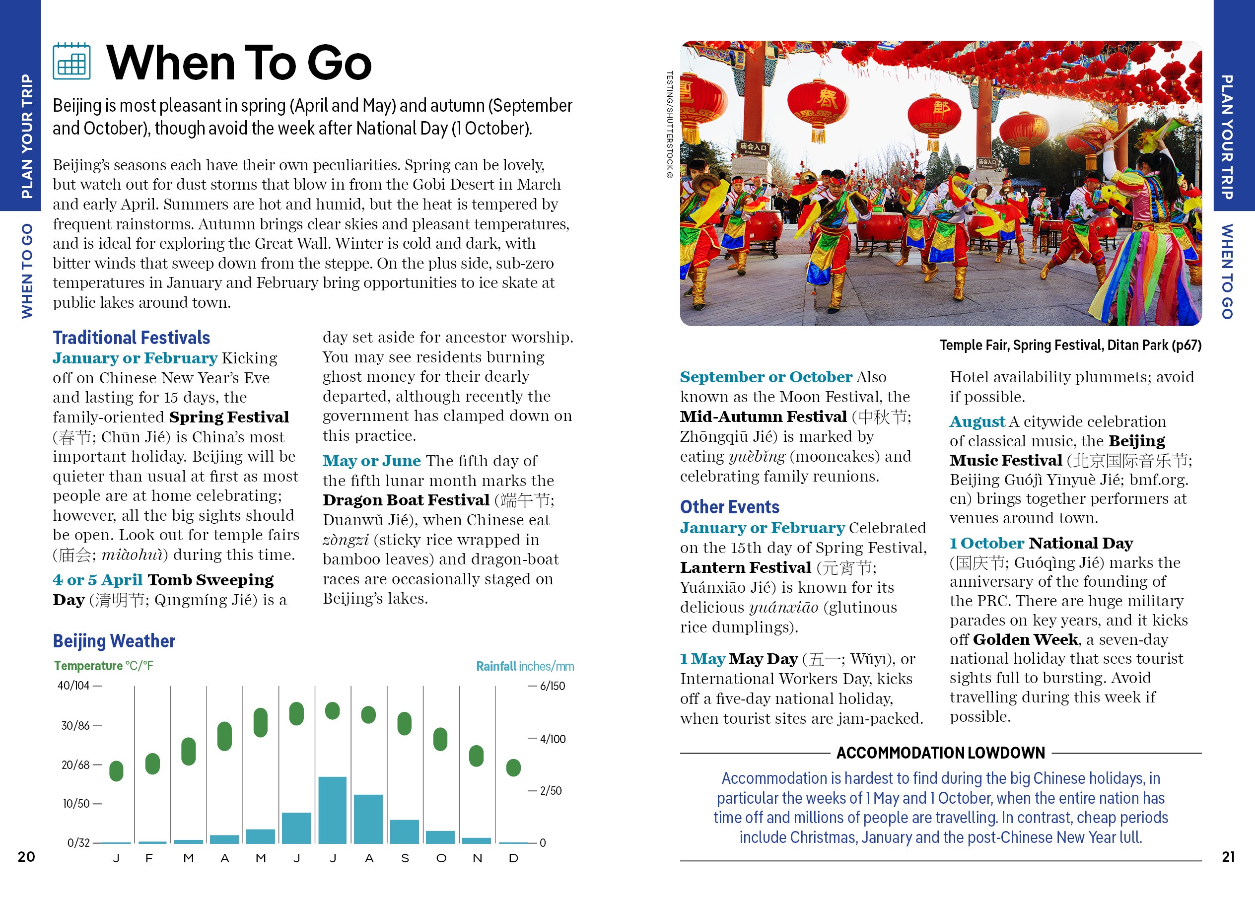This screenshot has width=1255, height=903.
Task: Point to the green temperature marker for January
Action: click(116, 771)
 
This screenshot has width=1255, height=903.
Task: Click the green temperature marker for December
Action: click(513, 767)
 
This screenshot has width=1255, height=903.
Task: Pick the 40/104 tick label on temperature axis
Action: click(73, 686)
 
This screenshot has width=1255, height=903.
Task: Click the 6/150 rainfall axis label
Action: click(552, 686)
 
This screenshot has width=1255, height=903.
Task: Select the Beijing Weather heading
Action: click(114, 641)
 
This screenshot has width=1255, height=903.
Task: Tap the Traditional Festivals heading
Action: click(131, 338)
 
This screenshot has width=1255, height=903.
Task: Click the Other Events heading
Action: click(729, 507)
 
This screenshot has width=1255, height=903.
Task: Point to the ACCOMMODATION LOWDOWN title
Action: click(940, 753)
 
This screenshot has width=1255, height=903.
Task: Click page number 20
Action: click(26, 856)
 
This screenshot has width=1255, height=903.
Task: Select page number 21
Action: click(1228, 856)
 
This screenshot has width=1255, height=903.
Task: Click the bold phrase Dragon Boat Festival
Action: click(406, 500)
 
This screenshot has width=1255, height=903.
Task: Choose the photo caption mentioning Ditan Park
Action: click(1070, 346)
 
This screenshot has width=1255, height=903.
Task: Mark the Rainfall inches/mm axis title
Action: click(525, 666)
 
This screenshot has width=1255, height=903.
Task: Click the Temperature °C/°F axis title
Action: click(103, 666)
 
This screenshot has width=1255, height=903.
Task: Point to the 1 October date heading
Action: click(986, 544)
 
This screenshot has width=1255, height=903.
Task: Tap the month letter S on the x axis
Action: click(405, 858)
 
